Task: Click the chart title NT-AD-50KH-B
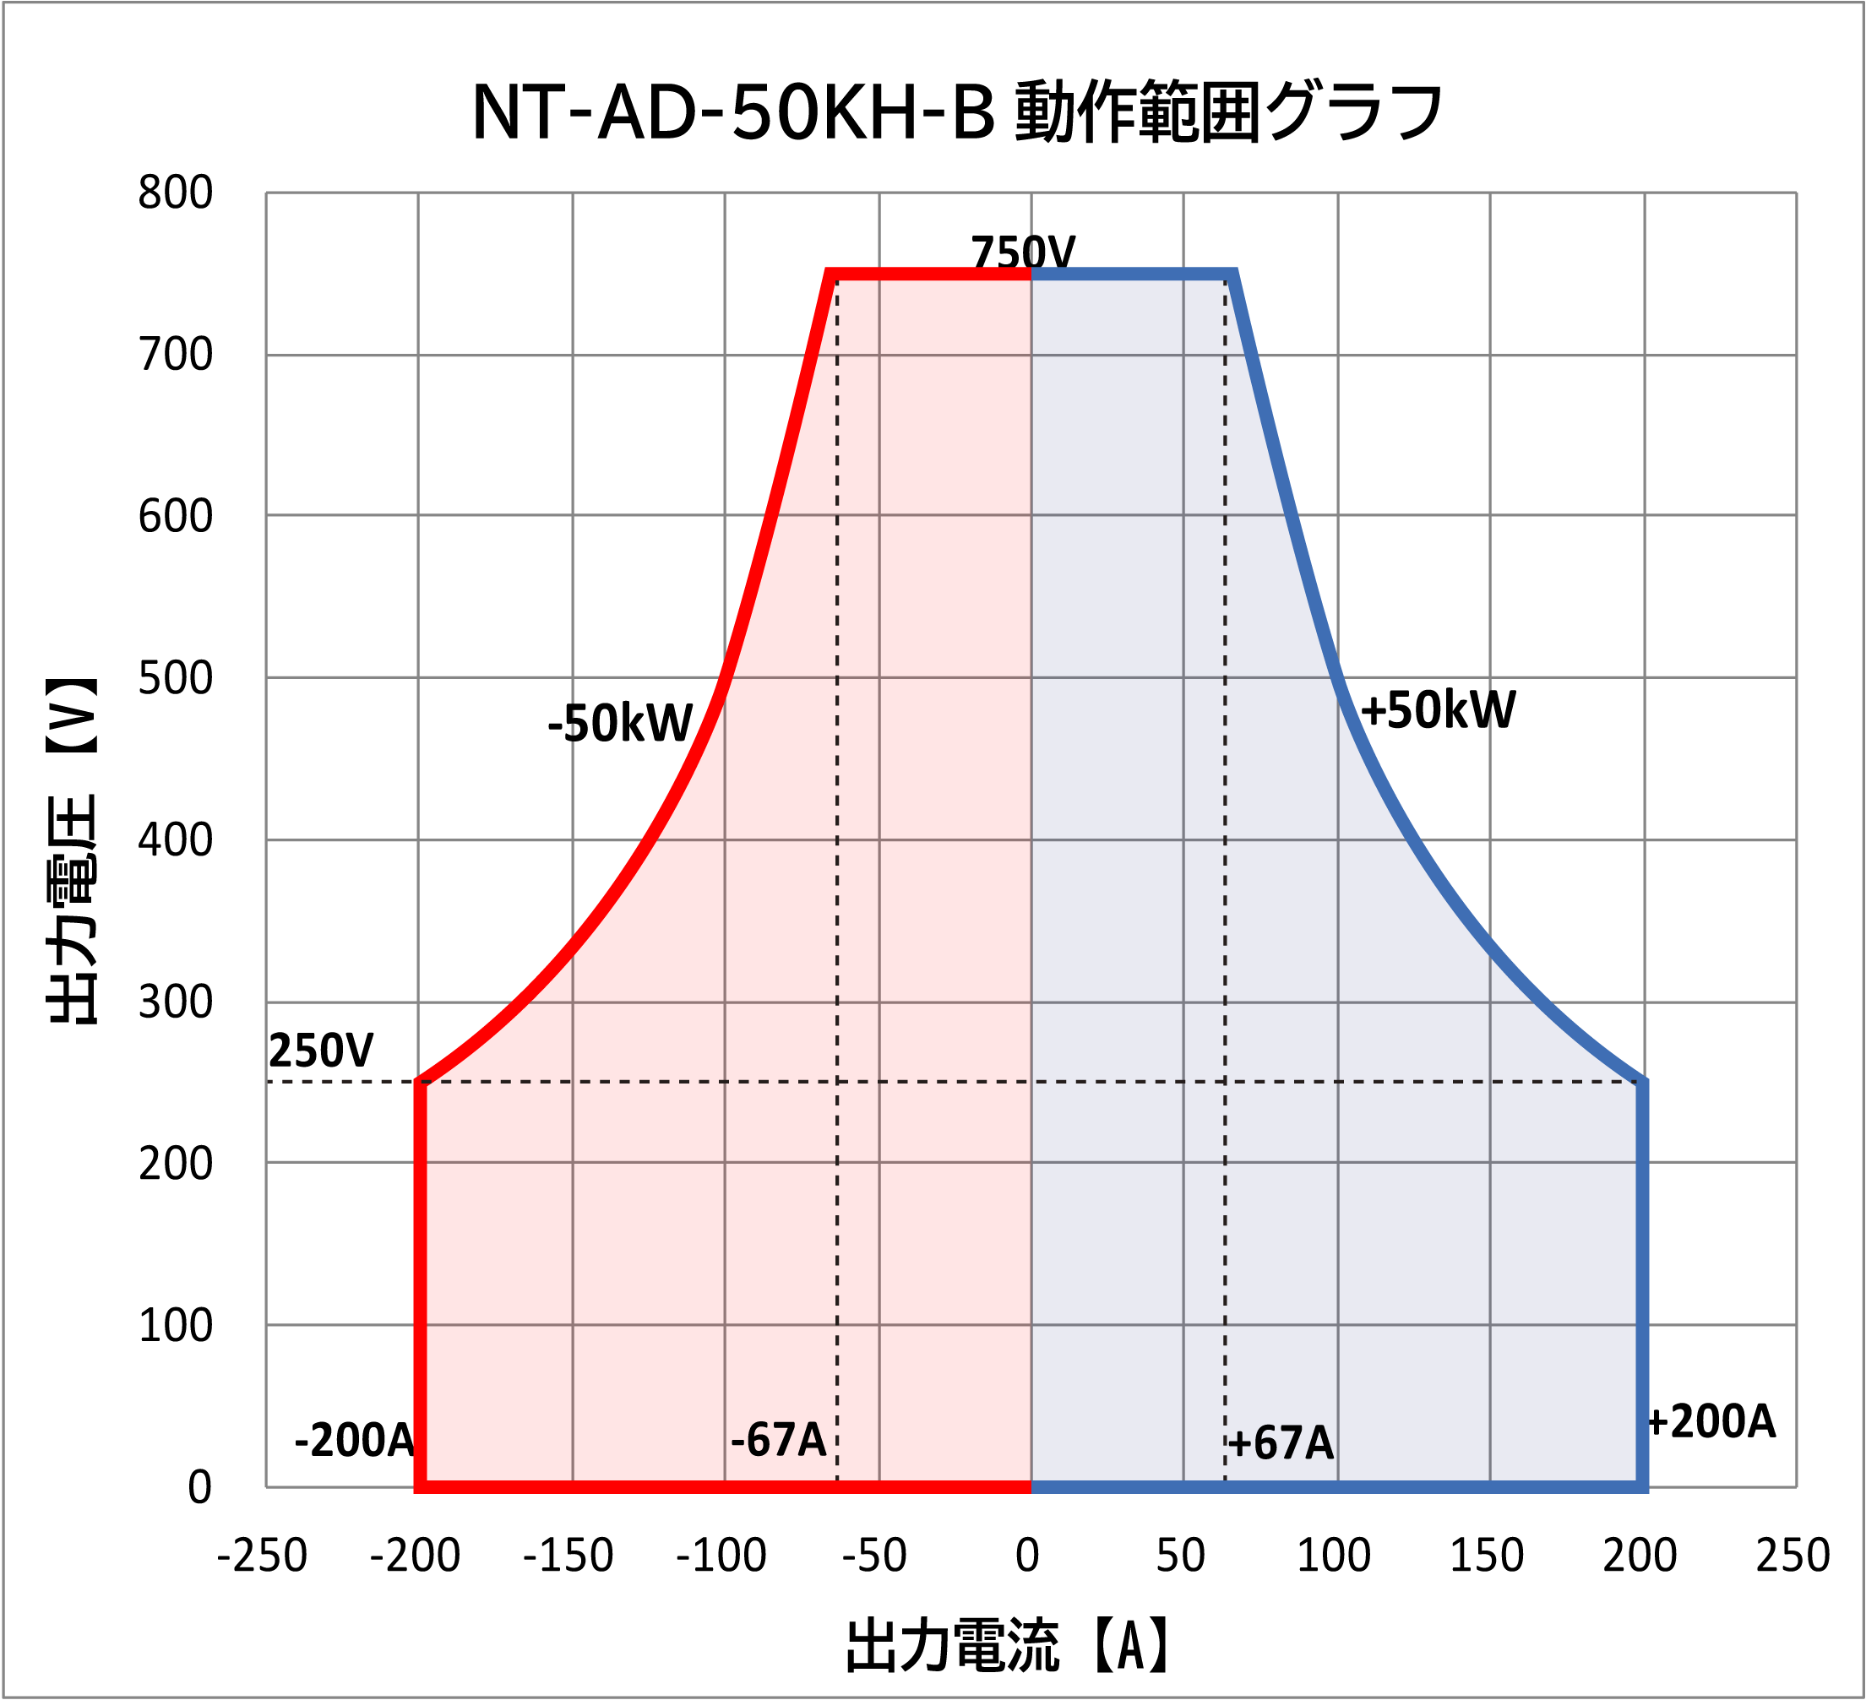(x=957, y=113)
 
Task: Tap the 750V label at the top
(x=1023, y=252)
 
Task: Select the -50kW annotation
(x=619, y=723)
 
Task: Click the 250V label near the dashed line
(x=320, y=1051)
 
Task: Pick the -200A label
(x=355, y=1440)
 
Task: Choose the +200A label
(x=1711, y=1422)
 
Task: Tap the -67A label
(x=777, y=1440)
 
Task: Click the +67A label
(x=1280, y=1443)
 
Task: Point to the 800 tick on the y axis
(x=175, y=193)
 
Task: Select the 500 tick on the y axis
(x=175, y=678)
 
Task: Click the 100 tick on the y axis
(x=175, y=1325)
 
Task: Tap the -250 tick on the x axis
(x=262, y=1556)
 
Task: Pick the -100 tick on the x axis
(x=721, y=1556)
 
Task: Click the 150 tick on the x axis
(x=1487, y=1556)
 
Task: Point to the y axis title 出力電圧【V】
(x=72, y=851)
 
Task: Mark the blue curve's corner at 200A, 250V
(x=1642, y=1081)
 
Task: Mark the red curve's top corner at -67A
(x=830, y=274)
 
